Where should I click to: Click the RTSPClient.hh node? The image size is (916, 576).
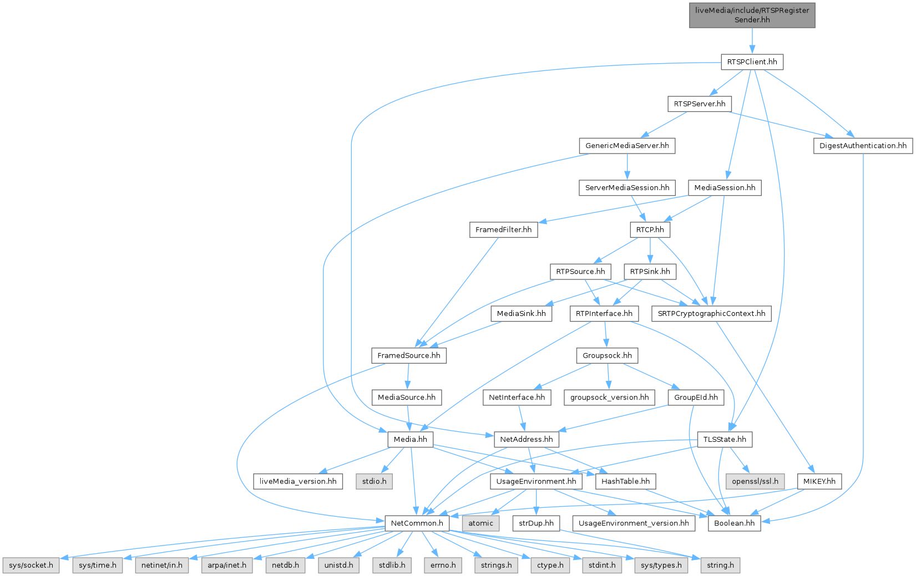click(752, 62)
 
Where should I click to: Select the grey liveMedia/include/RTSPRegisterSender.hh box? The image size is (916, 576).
click(752, 15)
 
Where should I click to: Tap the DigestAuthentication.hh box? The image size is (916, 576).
click(863, 146)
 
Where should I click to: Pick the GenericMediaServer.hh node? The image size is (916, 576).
click(627, 146)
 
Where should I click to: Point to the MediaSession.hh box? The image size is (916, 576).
click(725, 188)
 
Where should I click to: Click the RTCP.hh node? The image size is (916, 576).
click(650, 230)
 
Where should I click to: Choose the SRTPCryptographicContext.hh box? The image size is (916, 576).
click(711, 314)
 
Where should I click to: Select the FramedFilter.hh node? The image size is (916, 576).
click(503, 230)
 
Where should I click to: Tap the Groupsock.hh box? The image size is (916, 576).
click(607, 355)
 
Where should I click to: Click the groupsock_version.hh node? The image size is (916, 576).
click(609, 397)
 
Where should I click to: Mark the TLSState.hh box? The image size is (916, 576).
click(725, 440)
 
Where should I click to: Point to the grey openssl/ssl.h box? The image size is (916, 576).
click(755, 481)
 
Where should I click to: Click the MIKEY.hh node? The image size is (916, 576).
click(819, 481)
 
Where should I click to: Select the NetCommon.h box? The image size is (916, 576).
click(417, 523)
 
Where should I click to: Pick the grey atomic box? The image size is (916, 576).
click(480, 523)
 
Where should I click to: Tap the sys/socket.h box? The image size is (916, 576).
click(31, 565)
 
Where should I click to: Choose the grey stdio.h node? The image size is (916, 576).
click(375, 481)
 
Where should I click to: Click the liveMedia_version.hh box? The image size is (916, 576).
click(298, 481)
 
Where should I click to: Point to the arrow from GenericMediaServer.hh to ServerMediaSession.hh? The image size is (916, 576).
click(627, 166)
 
